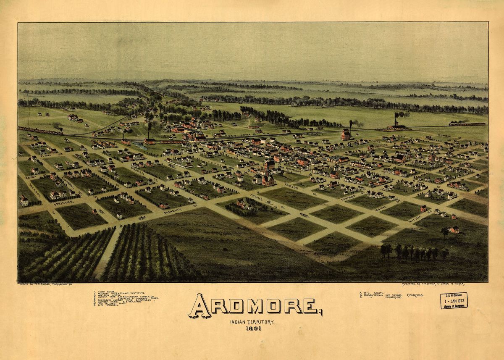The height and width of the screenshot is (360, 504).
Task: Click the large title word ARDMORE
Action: coord(254,306)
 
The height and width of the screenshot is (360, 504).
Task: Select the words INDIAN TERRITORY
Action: coord(252,321)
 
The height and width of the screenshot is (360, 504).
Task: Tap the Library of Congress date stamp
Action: coord(454,300)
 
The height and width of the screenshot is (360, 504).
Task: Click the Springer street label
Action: coord(64,202)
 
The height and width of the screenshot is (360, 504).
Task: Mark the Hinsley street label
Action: coord(173,211)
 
